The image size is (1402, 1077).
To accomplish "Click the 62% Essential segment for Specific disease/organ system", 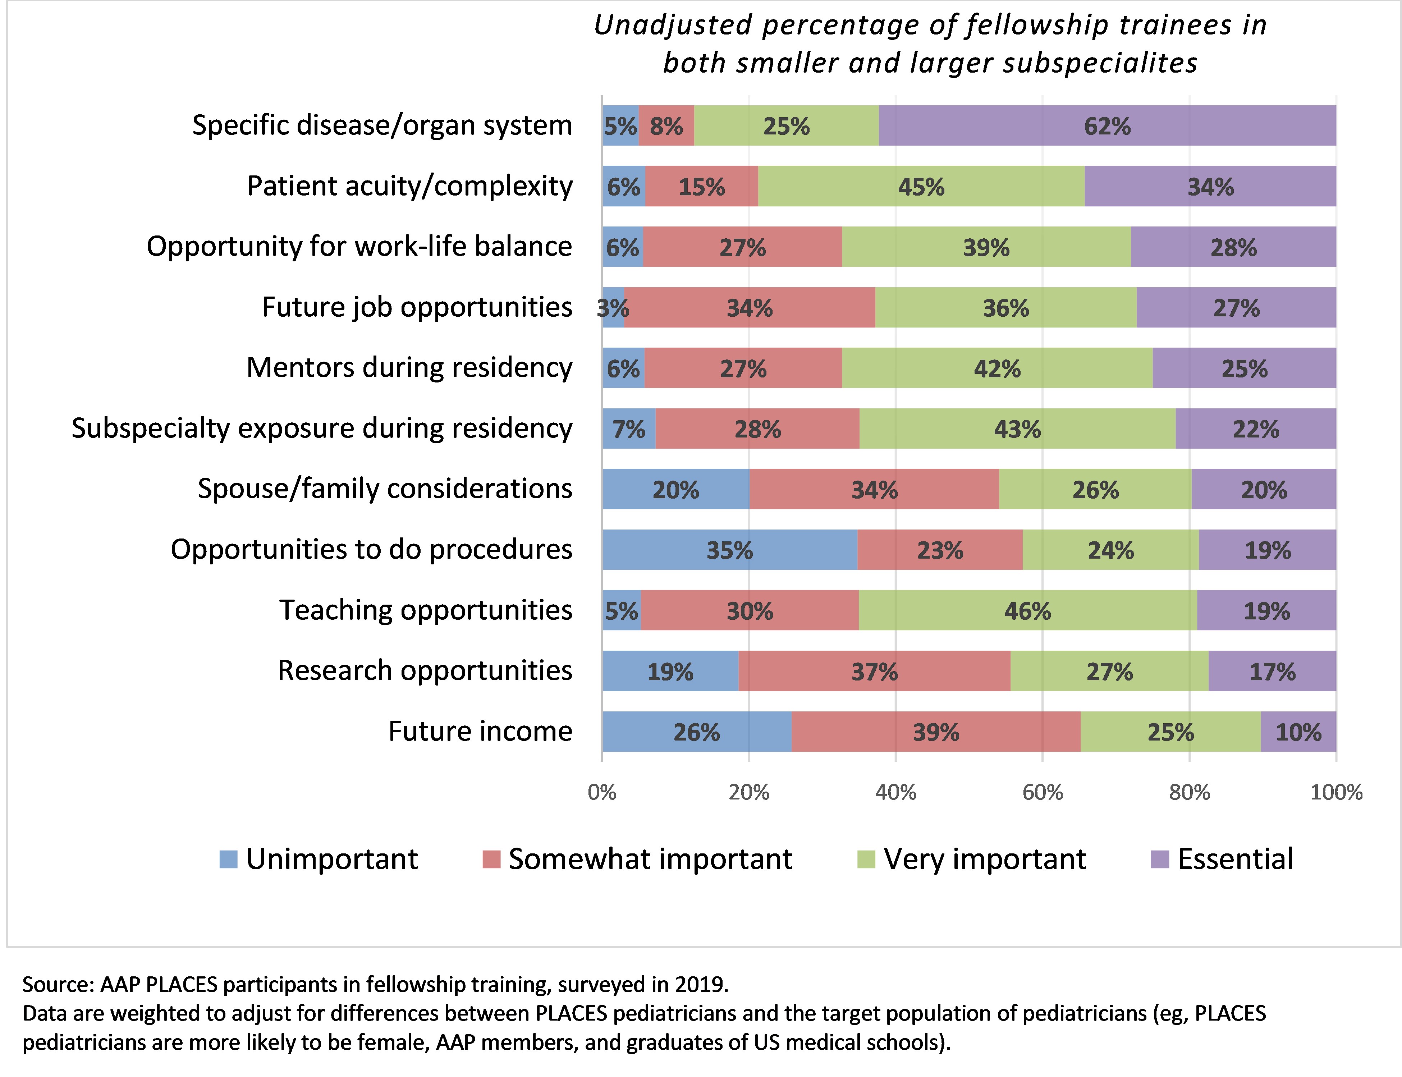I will [x=1107, y=126].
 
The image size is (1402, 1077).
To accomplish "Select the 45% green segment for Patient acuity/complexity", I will [x=921, y=187].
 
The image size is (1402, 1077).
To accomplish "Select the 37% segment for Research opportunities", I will [x=874, y=671].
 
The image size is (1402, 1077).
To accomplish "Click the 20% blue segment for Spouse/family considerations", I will [x=676, y=490].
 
